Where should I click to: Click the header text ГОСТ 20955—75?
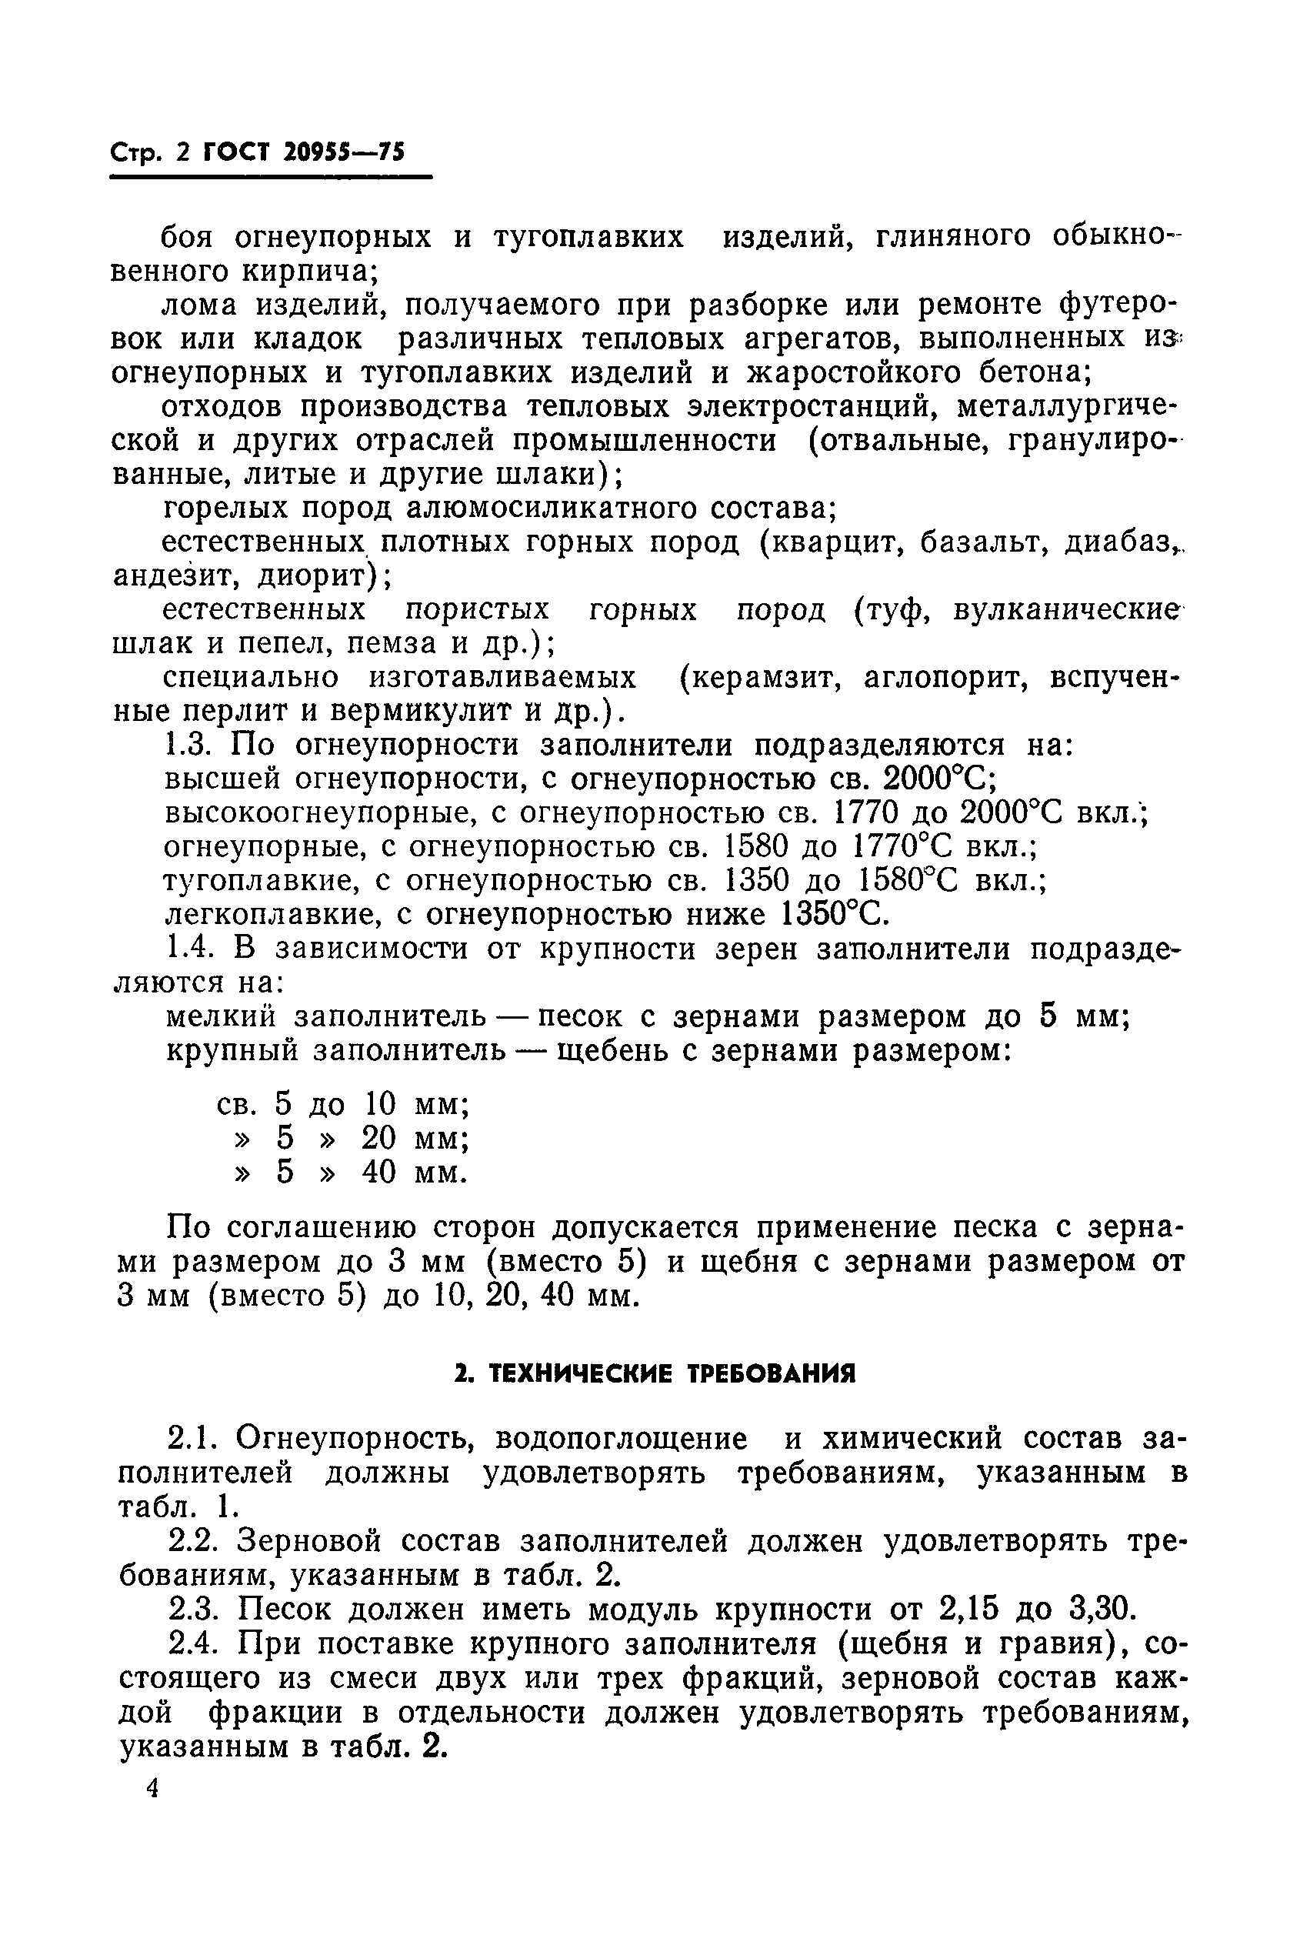[x=303, y=153]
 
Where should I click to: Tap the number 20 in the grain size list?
[x=379, y=1138]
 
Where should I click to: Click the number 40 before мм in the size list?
[x=379, y=1172]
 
